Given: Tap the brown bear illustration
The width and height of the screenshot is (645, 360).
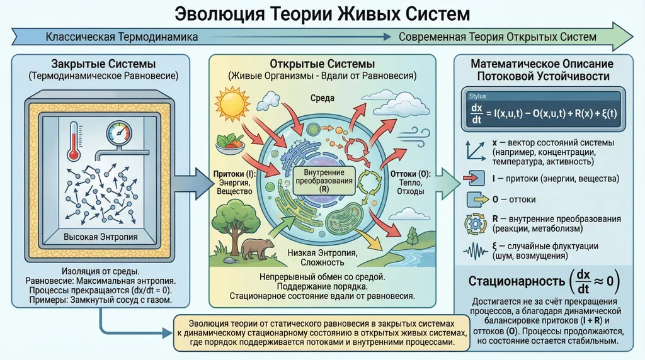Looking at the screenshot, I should (x=256, y=247).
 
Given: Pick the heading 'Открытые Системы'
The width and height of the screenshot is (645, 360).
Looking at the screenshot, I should (x=322, y=64).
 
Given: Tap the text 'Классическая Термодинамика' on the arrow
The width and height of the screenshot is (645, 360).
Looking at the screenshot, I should (x=122, y=37).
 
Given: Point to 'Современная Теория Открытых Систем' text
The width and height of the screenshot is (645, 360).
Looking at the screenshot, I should (x=497, y=37).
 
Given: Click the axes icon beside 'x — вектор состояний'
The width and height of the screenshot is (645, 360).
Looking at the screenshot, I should (x=476, y=150).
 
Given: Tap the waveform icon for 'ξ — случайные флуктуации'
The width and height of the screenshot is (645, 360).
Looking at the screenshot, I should (x=476, y=250).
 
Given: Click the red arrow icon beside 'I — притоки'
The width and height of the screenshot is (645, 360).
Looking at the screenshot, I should (x=476, y=178).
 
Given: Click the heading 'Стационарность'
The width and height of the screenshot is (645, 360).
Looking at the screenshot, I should (x=515, y=281).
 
